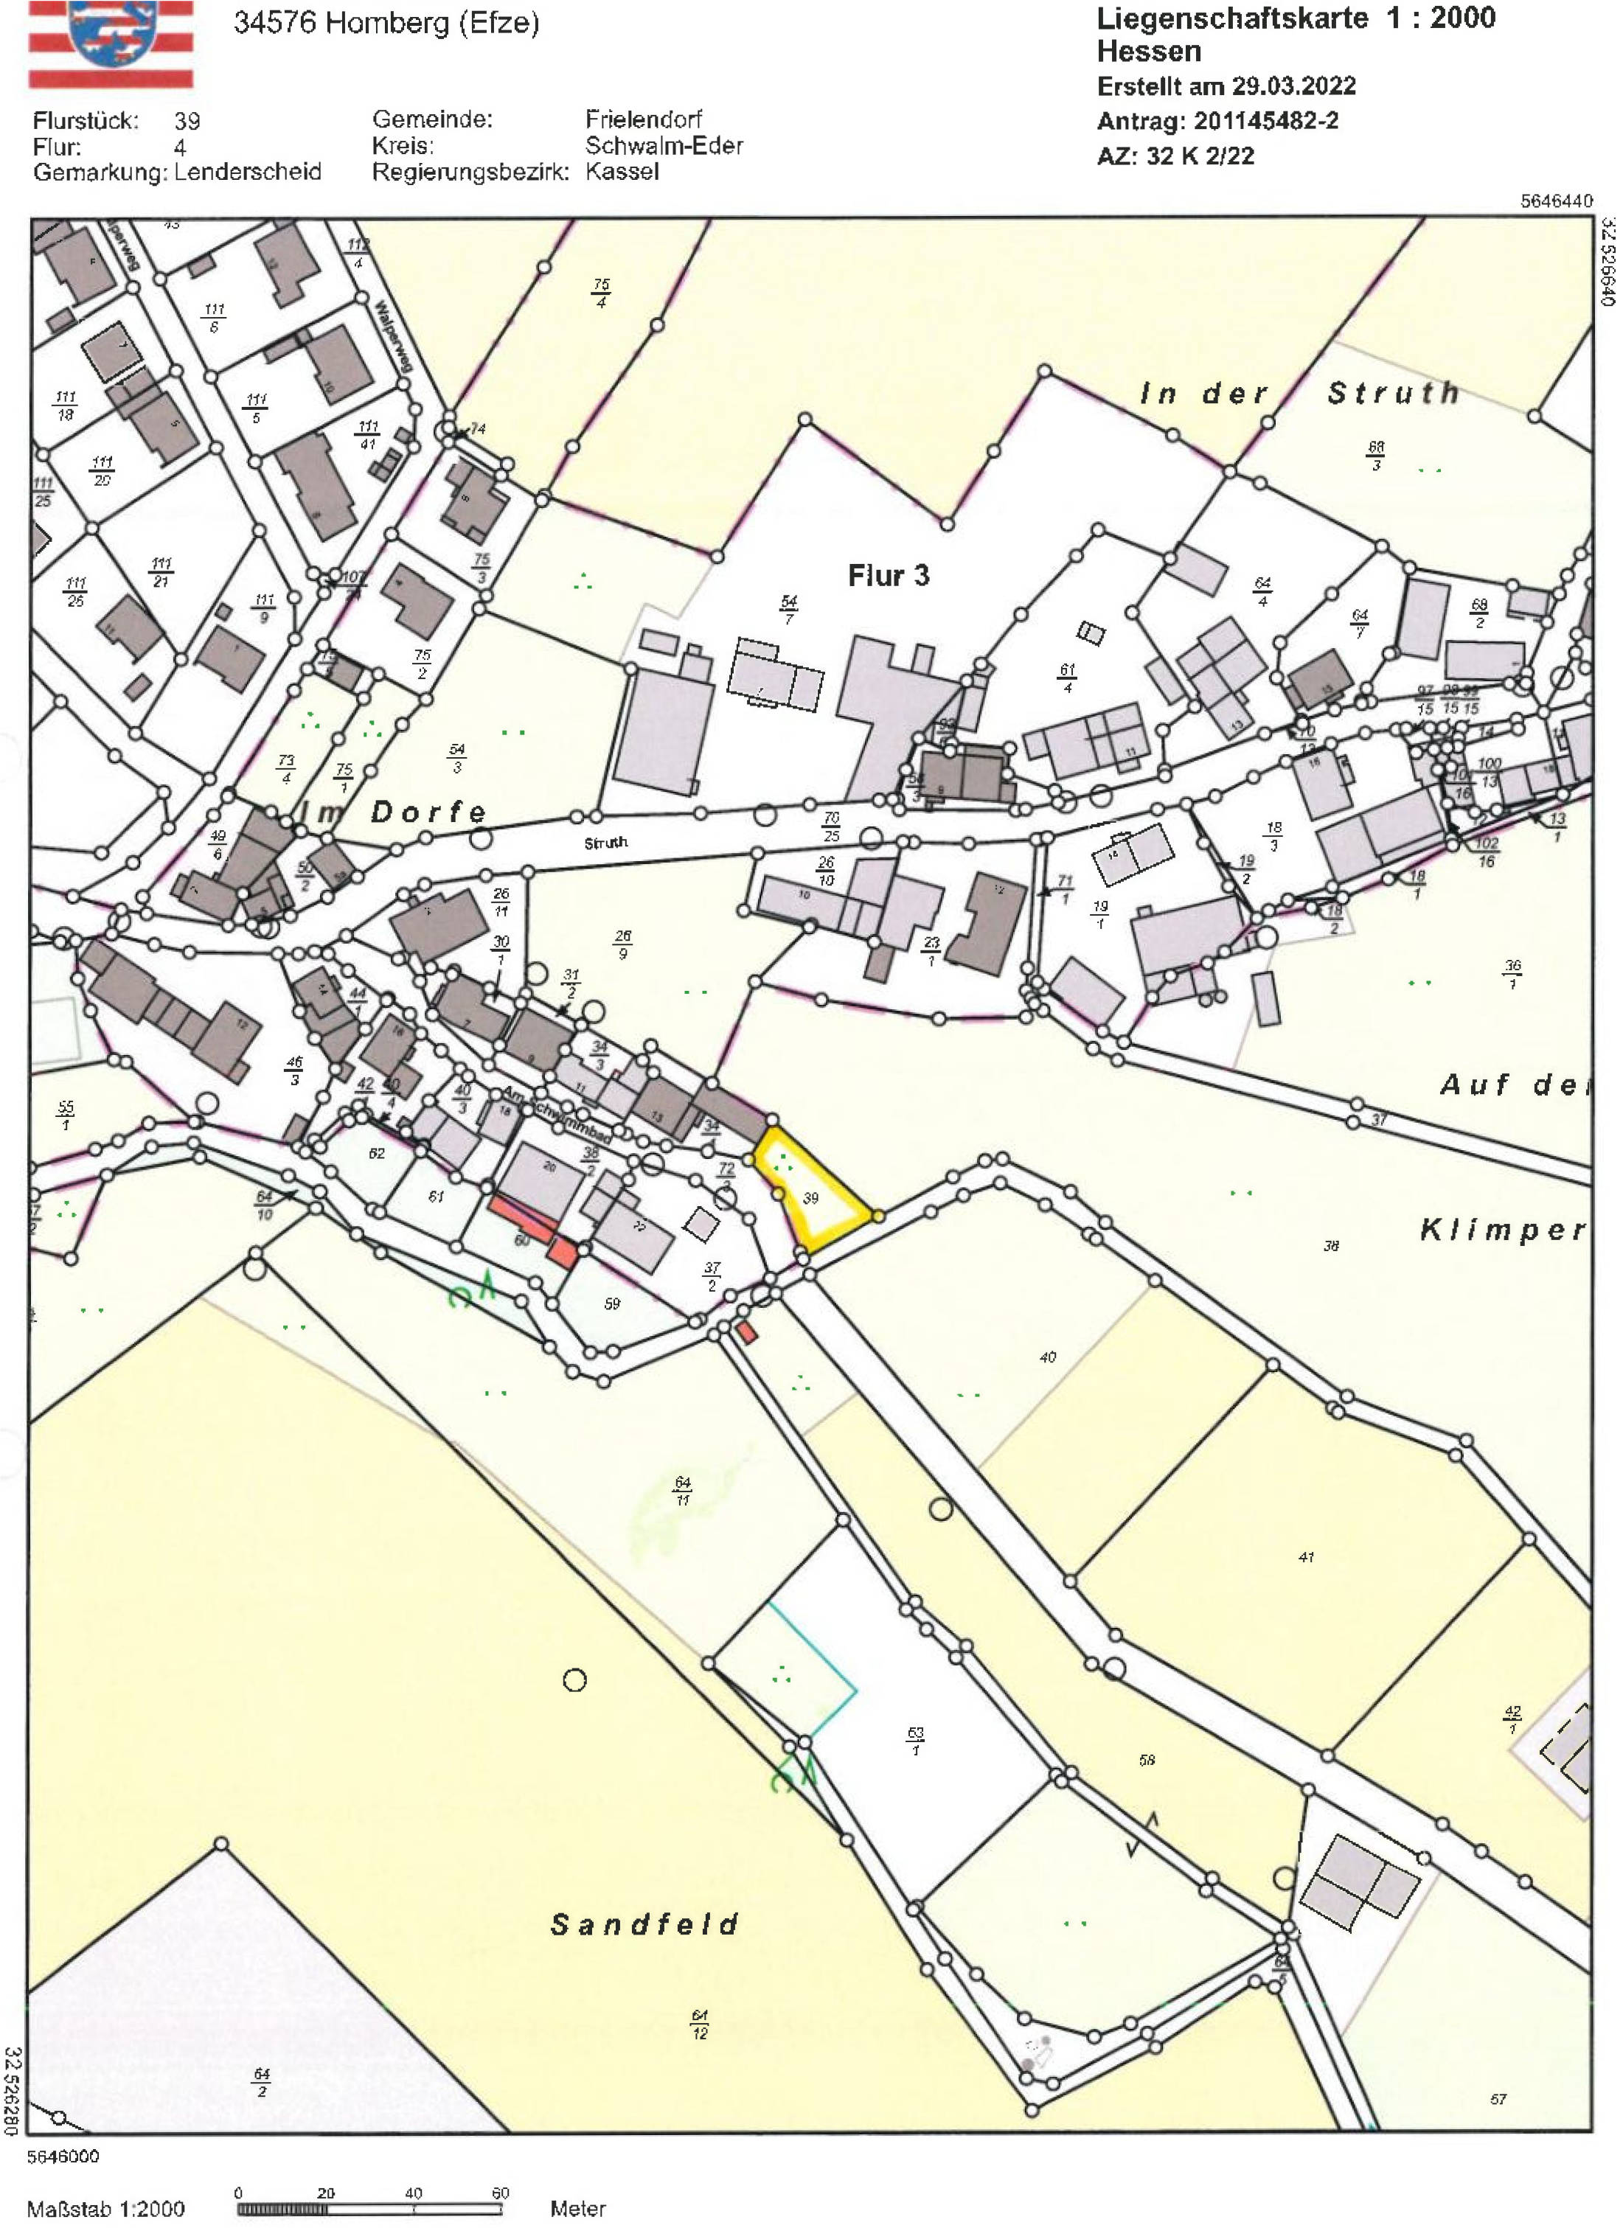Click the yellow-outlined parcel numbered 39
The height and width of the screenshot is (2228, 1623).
click(x=811, y=1194)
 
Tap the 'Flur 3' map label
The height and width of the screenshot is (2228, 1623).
click(x=888, y=576)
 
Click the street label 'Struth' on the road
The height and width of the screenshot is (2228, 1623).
click(x=605, y=843)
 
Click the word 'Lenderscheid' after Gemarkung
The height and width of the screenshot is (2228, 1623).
click(x=248, y=172)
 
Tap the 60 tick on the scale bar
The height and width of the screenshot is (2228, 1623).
click(x=500, y=2193)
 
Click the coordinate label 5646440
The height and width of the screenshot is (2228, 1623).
click(x=1556, y=201)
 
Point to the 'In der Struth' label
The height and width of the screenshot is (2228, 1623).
click(x=1299, y=393)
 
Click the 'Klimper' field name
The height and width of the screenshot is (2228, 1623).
click(x=1502, y=1230)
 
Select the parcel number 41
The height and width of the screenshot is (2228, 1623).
click(x=1306, y=1557)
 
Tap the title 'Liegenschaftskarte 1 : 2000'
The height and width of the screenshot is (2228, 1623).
click(x=1295, y=18)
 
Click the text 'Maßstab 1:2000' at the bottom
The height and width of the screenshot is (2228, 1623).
click(x=105, y=2210)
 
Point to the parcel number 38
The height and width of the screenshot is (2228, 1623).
click(x=1330, y=1246)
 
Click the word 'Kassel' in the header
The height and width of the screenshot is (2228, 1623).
click(x=622, y=172)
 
